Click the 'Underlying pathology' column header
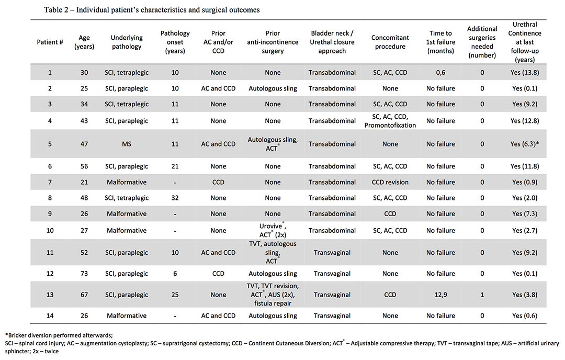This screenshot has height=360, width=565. coord(127,42)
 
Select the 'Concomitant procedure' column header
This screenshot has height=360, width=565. coord(390,42)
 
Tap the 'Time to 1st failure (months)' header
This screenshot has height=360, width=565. coord(440,42)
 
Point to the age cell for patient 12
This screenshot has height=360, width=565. coord(84,274)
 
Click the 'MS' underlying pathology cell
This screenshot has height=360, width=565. coord(127,144)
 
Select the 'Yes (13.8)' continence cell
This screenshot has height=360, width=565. coord(525,72)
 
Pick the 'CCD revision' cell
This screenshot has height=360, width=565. coord(390,182)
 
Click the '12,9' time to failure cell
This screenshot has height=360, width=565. coord(440,295)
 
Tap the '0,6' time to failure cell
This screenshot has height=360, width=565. coord(440,72)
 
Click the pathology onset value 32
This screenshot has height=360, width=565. coord(175,198)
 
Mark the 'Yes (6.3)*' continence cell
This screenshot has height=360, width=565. coord(525,144)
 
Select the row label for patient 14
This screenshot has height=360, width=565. coord(50,316)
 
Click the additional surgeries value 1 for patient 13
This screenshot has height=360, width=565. coord(482,295)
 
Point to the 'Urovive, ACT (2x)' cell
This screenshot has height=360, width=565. coord(273,230)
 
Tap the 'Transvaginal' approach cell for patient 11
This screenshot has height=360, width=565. coord(332,253)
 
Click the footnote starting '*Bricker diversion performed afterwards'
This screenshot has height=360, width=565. coord(59,335)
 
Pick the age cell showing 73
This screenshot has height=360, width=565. coord(84,274)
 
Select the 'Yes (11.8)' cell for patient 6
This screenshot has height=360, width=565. coord(525,166)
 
